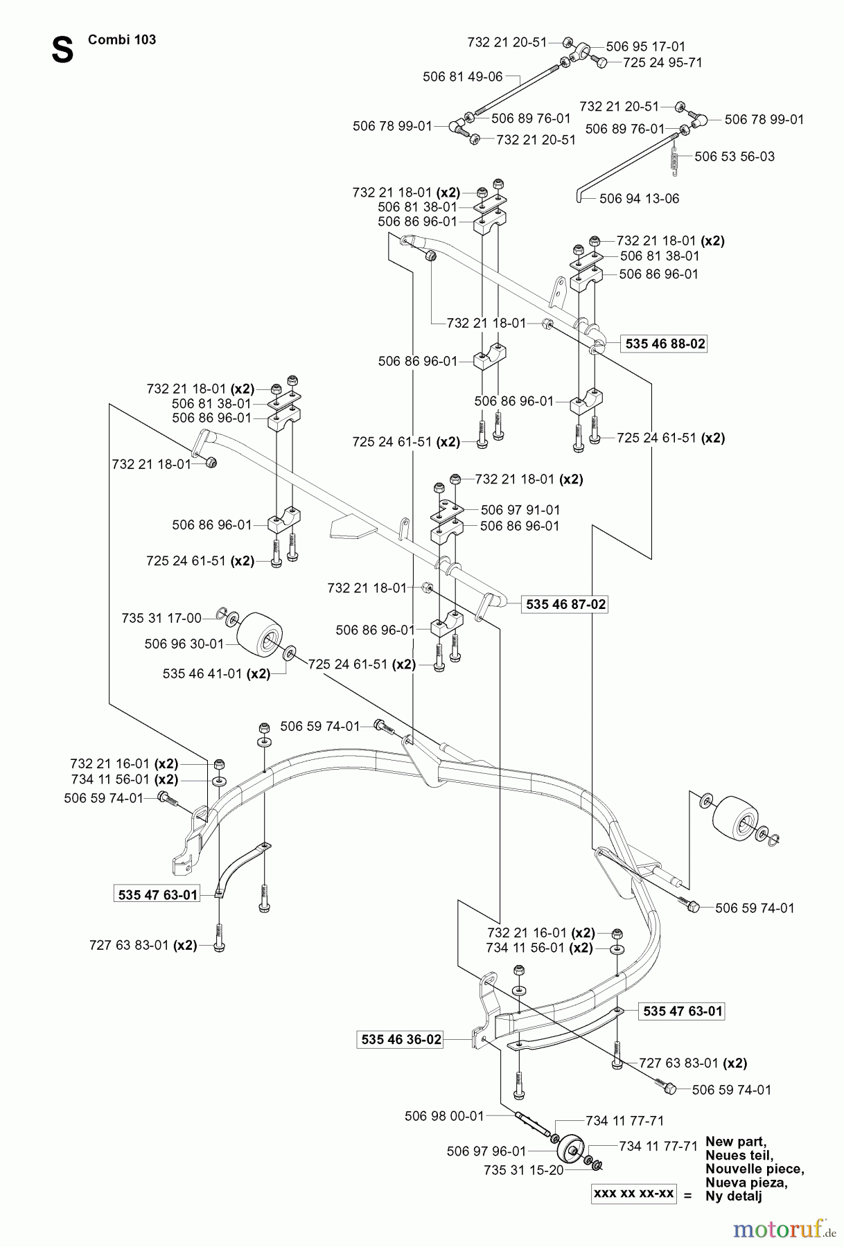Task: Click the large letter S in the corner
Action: (62, 50)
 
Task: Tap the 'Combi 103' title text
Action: (122, 39)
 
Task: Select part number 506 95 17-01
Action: (645, 46)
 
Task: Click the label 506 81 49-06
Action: (462, 77)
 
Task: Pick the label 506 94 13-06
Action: (639, 199)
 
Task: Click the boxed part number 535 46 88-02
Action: (665, 344)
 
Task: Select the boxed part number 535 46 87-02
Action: (565, 604)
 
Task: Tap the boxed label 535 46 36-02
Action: (401, 1039)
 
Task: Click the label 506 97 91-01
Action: (520, 510)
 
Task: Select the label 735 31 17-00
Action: (161, 618)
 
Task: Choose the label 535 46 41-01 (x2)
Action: (216, 673)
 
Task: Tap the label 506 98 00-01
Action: (443, 1116)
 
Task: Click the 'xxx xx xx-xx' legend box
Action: (633, 1194)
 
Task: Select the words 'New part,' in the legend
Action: (735, 1142)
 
